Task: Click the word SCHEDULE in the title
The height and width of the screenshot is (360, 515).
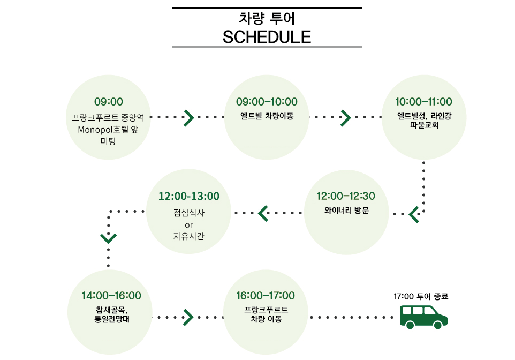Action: coord(267,36)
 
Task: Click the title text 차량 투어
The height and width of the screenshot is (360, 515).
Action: coord(267,18)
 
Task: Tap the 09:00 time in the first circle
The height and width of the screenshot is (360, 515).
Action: coord(109,102)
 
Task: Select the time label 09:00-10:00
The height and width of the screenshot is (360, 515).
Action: coord(267,102)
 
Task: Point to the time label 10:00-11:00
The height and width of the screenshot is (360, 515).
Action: coord(423,102)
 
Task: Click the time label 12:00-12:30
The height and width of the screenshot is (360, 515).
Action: coord(346,196)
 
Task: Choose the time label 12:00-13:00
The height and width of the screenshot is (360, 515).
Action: coord(189,196)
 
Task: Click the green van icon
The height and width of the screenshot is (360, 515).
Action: coord(423,316)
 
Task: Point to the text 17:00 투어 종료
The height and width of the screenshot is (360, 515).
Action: coord(420,296)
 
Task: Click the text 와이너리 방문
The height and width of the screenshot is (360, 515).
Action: coord(346,210)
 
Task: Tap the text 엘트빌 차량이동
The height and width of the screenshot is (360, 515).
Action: coord(267,116)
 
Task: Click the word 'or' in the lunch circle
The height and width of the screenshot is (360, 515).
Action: coord(188,224)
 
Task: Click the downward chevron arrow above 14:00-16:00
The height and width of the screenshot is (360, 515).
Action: coord(109,237)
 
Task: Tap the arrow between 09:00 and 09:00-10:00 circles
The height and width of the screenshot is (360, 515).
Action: coord(188,117)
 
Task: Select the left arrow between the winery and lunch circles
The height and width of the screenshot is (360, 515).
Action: coord(263,213)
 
